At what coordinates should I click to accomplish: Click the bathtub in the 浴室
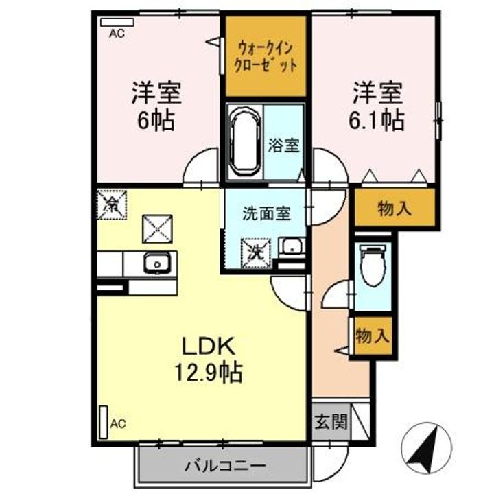click(244, 141)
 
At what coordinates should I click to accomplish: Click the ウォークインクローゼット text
click(267, 57)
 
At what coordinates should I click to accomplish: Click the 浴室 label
click(283, 146)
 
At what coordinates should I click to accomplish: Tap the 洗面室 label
click(266, 213)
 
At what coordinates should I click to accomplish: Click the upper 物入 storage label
click(395, 209)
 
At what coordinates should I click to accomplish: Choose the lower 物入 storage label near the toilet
click(373, 336)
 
